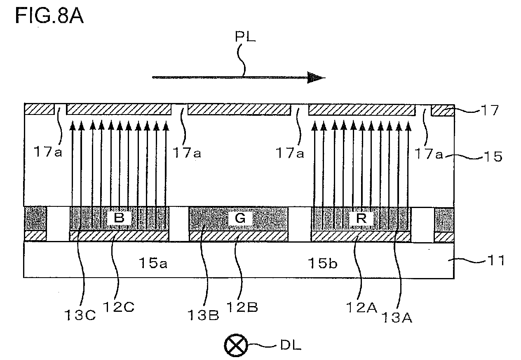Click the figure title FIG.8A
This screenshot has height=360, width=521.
(49, 16)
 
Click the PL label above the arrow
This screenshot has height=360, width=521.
(245, 37)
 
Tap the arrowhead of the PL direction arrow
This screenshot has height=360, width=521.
(316, 77)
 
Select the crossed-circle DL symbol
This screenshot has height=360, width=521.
(236, 345)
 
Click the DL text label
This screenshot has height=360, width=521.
(291, 345)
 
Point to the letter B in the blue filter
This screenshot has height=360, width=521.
(119, 218)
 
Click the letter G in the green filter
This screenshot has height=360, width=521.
(240, 218)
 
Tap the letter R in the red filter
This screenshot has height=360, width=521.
(361, 218)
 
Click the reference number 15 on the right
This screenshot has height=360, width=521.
(493, 156)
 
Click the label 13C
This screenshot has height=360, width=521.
(80, 315)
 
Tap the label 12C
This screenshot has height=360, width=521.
(118, 307)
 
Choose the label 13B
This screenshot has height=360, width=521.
(203, 315)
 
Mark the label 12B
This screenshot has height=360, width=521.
(242, 307)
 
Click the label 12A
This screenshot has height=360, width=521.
(361, 307)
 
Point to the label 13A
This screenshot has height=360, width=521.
(397, 318)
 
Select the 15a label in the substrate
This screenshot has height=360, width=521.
(153, 263)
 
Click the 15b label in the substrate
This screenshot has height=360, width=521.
(322, 263)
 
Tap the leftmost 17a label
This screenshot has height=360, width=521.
(48, 152)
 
